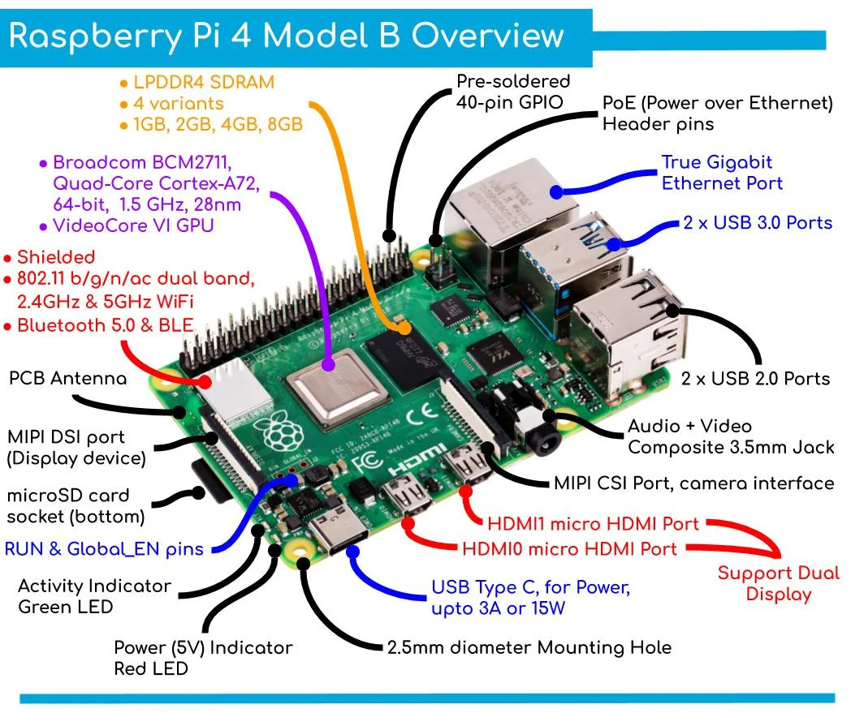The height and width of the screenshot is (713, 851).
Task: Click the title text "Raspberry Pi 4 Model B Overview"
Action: pyautogui.click(x=286, y=37)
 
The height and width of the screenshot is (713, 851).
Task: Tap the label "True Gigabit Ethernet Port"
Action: pyautogui.click(x=721, y=173)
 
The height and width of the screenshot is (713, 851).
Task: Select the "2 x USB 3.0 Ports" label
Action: pyautogui.click(x=757, y=222)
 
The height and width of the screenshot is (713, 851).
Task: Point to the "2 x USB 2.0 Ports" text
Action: pyautogui.click(x=755, y=378)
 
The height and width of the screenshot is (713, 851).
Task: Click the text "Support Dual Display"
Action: pyautogui.click(x=778, y=583)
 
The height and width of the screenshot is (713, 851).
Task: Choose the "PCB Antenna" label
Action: pyautogui.click(x=67, y=379)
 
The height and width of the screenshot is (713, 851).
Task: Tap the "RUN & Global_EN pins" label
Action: pyautogui.click(x=103, y=548)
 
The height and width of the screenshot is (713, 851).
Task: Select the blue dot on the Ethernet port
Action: pyautogui.click(x=556, y=191)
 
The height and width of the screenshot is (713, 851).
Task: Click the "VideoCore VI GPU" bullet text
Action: pyautogui.click(x=132, y=225)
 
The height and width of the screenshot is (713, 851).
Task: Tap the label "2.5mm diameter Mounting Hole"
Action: pyautogui.click(x=528, y=646)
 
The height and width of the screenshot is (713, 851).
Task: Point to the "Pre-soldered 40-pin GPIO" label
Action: pyautogui.click(x=513, y=92)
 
